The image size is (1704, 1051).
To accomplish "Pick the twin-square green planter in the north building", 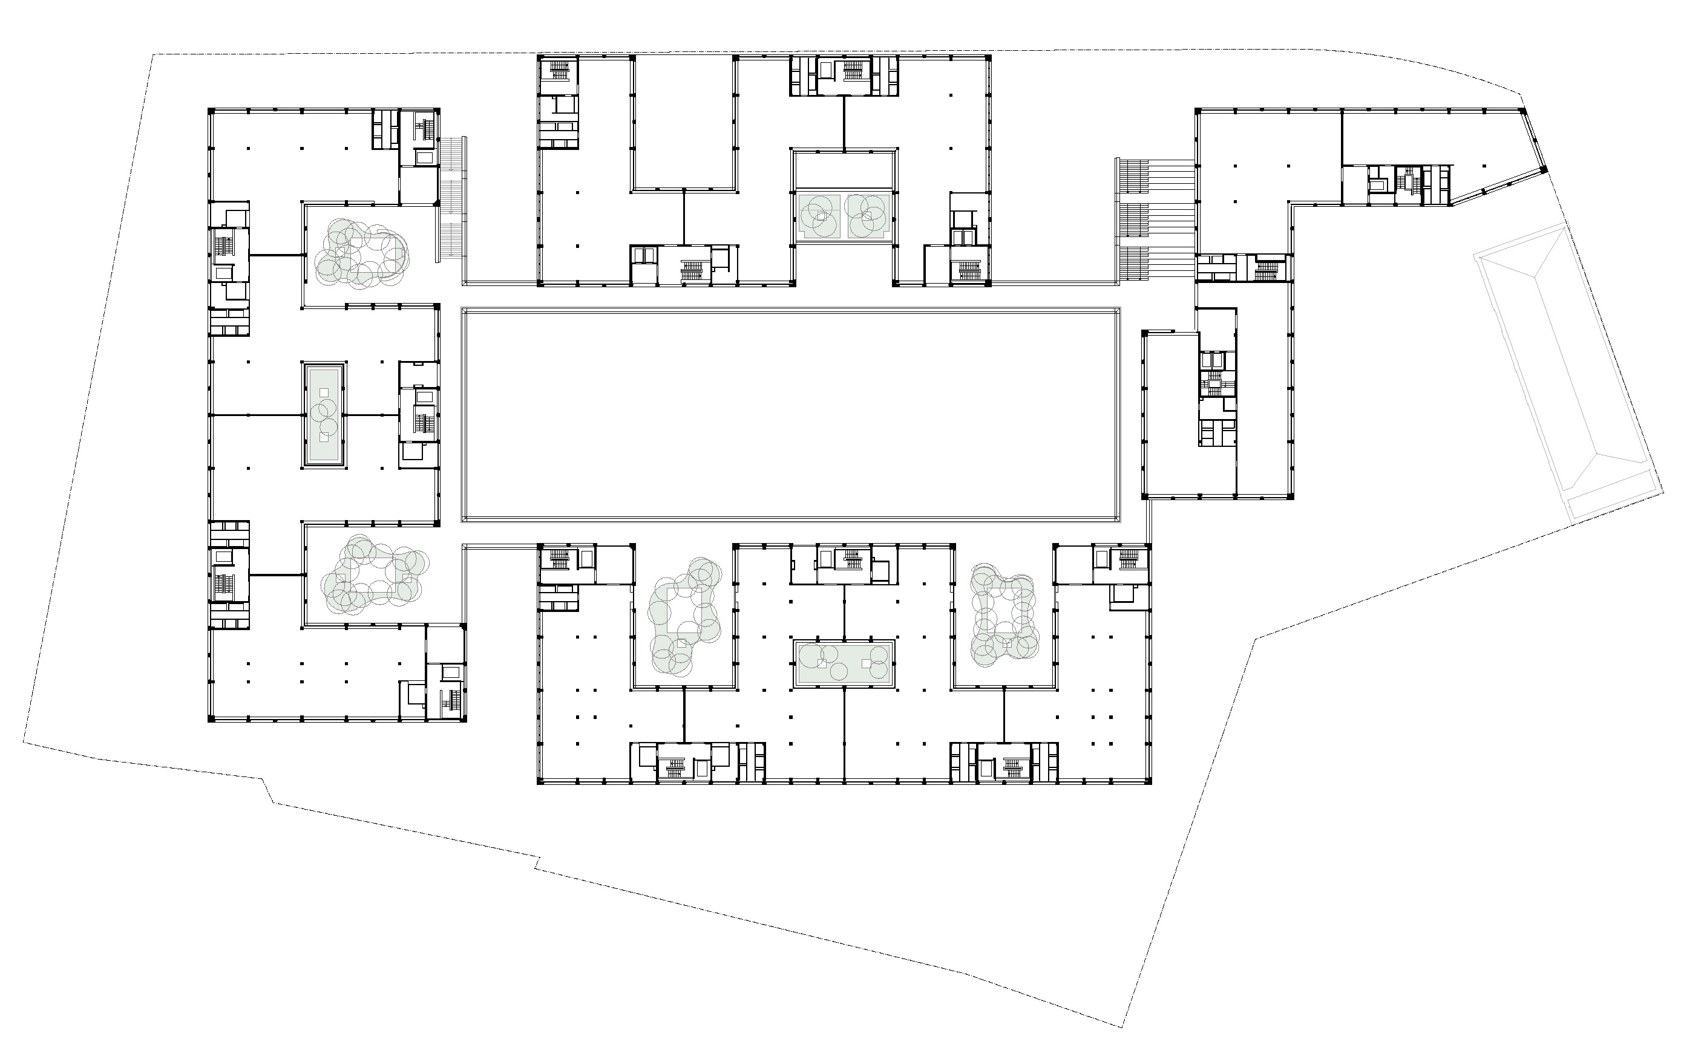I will (844, 215).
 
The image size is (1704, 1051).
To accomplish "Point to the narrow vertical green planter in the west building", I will (323, 414).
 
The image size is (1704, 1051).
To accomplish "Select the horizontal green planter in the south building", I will (844, 664).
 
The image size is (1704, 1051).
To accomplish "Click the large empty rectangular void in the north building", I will (684, 122).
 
